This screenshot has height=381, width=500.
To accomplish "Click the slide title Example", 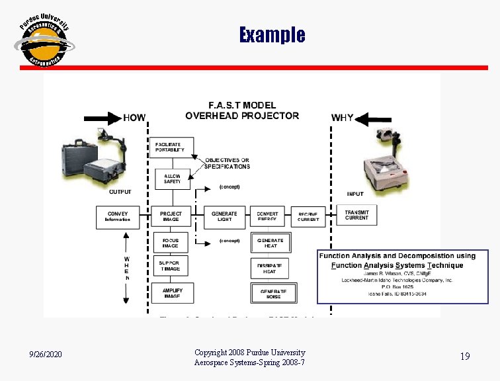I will (272, 34).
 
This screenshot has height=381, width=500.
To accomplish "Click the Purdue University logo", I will (44, 40).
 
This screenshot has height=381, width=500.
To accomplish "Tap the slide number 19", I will (465, 357).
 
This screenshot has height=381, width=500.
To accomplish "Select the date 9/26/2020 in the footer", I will (46, 356).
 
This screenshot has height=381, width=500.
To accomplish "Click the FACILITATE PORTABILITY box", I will (171, 148).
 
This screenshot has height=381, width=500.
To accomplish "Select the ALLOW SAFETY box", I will (171, 178).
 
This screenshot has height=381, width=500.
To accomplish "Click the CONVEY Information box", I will (118, 216).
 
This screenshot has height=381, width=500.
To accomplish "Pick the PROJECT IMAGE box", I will (171, 216).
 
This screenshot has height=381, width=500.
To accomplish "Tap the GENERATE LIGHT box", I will (224, 216).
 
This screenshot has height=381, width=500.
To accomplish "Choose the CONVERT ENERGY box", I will (267, 216).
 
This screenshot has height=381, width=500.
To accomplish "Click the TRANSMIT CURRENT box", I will (356, 215).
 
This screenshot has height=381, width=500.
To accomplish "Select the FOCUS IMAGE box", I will (171, 243).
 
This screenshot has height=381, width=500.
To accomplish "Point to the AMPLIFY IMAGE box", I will (171, 292).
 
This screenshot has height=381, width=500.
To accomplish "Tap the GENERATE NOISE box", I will (272, 292).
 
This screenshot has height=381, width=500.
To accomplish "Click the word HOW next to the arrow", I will (134, 118).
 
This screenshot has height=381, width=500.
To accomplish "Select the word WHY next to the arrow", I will (342, 118).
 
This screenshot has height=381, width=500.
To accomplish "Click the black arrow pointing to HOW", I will (103, 118).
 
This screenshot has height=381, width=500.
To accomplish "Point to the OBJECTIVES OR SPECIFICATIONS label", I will (227, 163).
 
